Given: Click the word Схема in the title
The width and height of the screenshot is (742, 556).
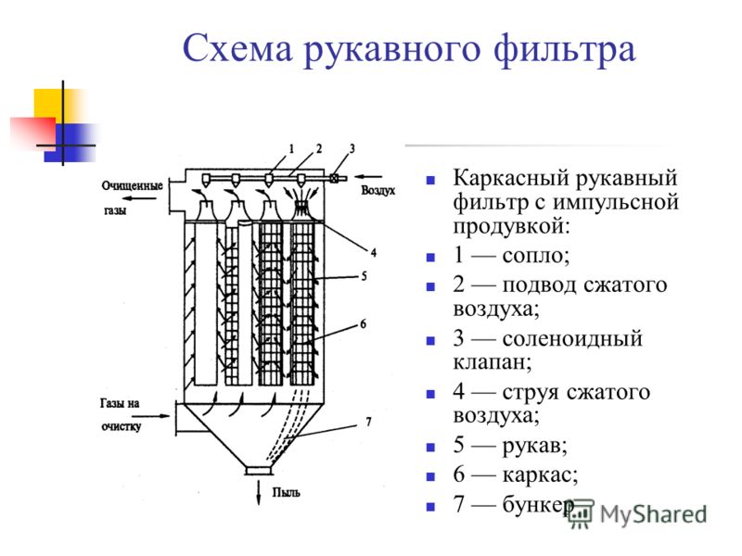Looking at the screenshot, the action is (x=237, y=49).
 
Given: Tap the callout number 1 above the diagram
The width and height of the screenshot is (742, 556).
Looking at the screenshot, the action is (x=291, y=148).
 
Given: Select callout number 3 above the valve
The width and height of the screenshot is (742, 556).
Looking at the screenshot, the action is (x=352, y=148).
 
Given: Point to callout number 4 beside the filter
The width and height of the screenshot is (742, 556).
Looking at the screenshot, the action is (x=374, y=252).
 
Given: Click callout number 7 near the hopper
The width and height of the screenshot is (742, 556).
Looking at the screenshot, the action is (x=368, y=422).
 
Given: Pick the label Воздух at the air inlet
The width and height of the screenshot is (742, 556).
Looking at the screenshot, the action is (x=378, y=191).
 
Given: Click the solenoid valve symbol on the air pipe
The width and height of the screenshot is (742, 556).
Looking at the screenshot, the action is (x=335, y=178).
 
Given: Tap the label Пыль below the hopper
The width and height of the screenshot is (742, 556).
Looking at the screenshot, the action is (x=286, y=492).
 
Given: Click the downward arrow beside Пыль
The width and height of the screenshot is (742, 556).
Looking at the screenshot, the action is (x=259, y=492).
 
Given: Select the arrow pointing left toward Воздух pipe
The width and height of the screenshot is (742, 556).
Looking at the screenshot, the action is (x=368, y=177).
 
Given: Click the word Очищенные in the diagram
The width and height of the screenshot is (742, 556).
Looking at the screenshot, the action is (x=132, y=186).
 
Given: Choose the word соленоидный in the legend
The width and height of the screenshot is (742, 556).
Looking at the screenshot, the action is (x=572, y=338).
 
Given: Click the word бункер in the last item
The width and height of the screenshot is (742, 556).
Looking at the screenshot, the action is (x=538, y=504).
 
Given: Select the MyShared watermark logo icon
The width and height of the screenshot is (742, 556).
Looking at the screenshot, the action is (x=580, y=513).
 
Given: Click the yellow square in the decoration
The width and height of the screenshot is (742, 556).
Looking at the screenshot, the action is (x=52, y=105).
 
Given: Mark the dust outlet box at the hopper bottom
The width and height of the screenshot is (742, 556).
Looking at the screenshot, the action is (x=259, y=471).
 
